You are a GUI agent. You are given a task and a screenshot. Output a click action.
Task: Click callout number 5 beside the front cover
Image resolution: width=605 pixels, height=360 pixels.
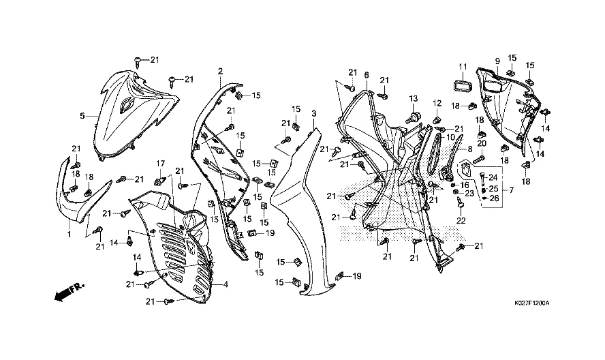(82, 116)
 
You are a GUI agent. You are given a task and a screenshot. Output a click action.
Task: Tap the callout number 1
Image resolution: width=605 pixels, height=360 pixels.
(69, 234)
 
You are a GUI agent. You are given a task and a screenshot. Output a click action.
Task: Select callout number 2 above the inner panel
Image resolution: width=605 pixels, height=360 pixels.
(220, 71)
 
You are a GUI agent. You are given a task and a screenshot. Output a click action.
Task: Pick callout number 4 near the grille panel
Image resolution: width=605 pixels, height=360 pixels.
(226, 284)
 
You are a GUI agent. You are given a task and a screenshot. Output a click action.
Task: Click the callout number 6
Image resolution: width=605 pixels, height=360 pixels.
(366, 75)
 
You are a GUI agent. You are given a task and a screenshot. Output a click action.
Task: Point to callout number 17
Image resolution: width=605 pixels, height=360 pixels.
(161, 163)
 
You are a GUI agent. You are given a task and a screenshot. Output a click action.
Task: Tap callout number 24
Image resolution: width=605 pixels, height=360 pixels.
(493, 177)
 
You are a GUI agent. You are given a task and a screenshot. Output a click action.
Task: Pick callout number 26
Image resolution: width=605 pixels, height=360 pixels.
(494, 198)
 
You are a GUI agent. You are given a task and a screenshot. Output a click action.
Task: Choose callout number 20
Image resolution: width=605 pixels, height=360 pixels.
(480, 143)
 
